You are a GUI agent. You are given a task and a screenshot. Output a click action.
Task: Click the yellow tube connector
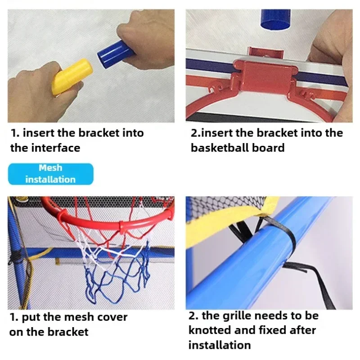pyautogui.click(x=72, y=76)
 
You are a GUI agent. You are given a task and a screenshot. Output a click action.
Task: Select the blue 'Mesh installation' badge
pyautogui.click(x=50, y=174)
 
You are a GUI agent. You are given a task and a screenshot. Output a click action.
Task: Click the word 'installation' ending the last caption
pyautogui.click(x=220, y=345)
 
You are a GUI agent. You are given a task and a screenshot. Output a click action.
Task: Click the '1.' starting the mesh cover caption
pyautogui.click(x=14, y=317)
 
